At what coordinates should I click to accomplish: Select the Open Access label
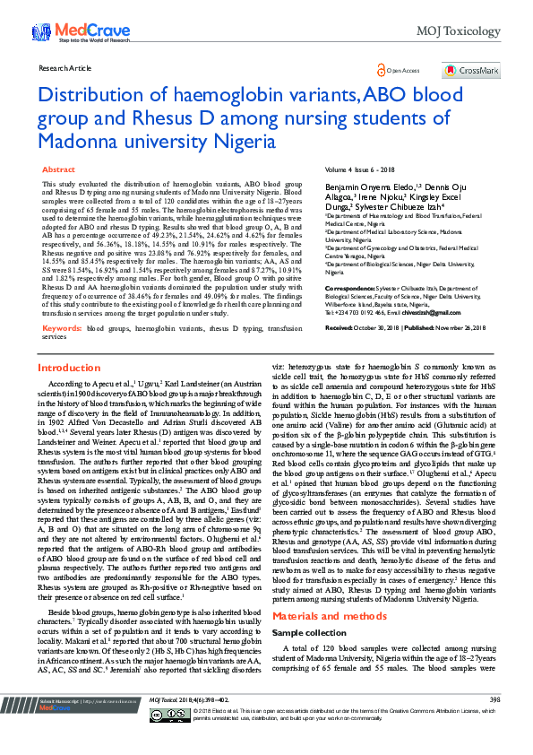click(x=402, y=70)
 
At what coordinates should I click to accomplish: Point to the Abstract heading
click(x=59, y=169)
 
